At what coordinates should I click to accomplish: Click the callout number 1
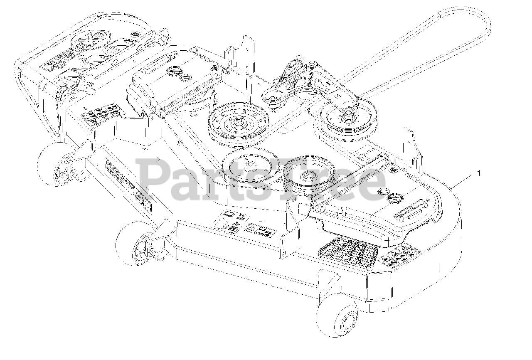479,173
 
